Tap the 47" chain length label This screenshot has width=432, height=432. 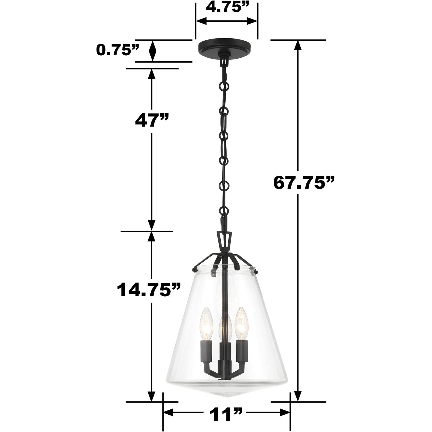[x=152, y=120]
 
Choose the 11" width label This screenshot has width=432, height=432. [x=226, y=415]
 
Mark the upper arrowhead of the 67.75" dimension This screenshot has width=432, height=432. [x=298, y=46]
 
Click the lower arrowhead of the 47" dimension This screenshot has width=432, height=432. [x=152, y=225]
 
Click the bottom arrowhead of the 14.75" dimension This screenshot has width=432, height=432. [x=152, y=396]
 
